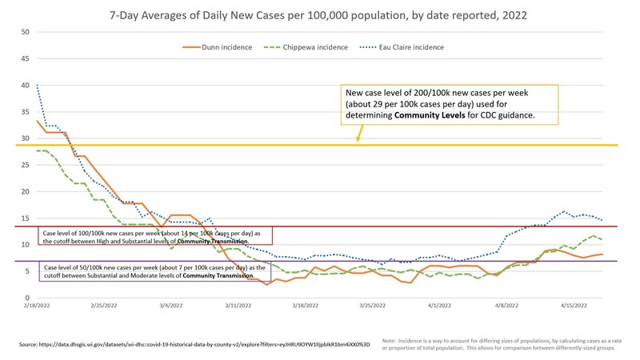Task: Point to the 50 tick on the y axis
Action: click(25, 32)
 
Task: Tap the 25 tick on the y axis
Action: click(25, 165)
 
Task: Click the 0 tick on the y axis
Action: click(27, 298)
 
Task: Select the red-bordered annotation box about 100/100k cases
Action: click(155, 235)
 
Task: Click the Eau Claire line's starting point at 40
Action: click(37, 85)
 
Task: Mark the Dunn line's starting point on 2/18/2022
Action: click(37, 120)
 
